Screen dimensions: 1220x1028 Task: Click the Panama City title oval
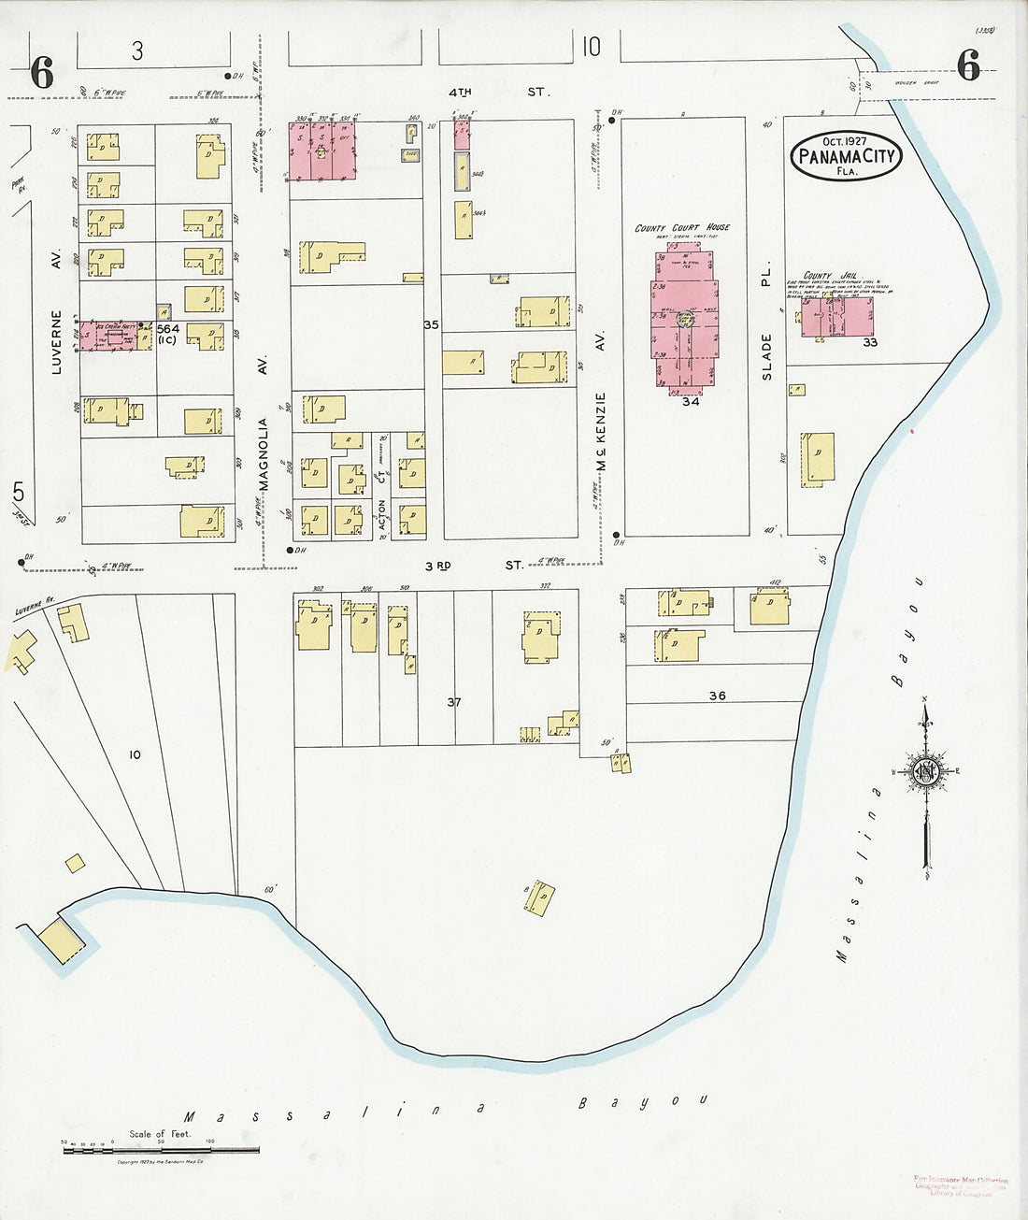coord(847,155)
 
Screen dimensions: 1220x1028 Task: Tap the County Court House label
coord(682,227)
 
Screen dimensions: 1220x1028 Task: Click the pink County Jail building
coord(837,318)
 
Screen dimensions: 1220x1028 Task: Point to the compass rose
coord(925,771)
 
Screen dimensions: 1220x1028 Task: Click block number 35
coord(431,325)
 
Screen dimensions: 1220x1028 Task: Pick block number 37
coord(454,701)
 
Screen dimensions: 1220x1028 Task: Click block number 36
coord(717,696)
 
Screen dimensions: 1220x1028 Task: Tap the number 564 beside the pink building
coord(168,329)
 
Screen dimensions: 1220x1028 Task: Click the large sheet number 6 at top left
coord(42,73)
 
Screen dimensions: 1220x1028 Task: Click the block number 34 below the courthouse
coord(690,401)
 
